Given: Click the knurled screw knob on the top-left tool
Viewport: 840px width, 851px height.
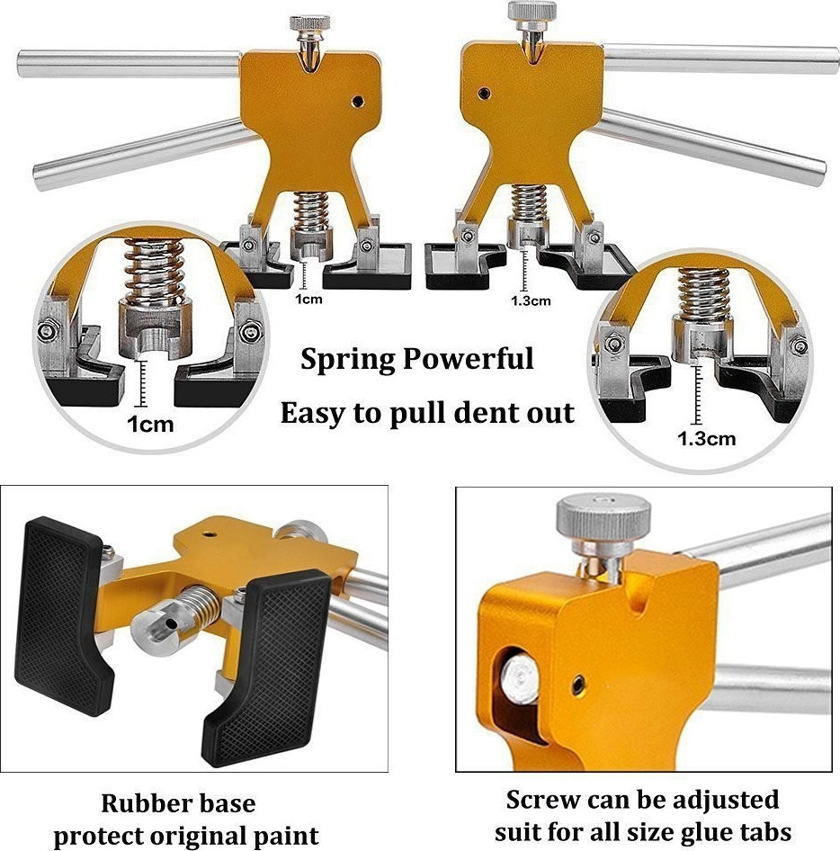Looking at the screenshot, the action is (309, 22).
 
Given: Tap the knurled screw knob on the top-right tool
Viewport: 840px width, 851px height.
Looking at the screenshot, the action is (532, 10).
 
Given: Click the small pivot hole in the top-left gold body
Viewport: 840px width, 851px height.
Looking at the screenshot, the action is (357, 101).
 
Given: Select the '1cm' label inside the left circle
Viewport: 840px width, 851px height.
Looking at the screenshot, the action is (150, 424).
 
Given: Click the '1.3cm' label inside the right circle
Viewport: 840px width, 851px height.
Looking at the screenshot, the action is (707, 438).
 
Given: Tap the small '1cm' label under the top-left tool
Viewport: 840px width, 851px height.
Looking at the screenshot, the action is (308, 299).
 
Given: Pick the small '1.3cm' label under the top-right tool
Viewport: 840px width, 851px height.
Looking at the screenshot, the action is (531, 300).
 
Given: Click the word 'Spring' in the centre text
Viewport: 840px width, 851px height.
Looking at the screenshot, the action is (348, 360).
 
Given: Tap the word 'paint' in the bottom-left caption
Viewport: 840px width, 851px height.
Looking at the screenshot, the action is (288, 837).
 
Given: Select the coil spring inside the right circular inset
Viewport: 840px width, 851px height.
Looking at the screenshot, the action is (704, 293).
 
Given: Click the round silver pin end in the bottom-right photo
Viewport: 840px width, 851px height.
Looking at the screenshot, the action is (519, 679).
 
